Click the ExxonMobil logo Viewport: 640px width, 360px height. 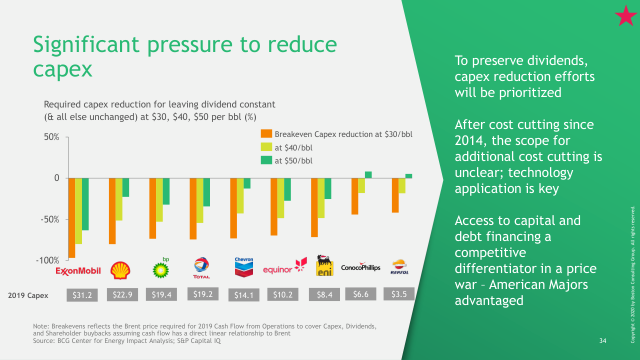click(x=78, y=270)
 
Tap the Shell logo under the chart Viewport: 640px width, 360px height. click(x=120, y=270)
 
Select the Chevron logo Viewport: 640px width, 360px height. click(x=244, y=267)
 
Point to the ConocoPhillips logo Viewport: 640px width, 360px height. click(x=360, y=267)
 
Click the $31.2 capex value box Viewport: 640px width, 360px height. click(x=82, y=295)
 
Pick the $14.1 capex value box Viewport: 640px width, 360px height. click(x=243, y=295)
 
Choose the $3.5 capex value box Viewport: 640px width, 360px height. click(x=398, y=294)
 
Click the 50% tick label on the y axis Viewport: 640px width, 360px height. click(x=50, y=137)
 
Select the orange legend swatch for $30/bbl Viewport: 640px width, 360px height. click(x=266, y=134)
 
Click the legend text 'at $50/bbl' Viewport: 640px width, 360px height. click(x=293, y=160)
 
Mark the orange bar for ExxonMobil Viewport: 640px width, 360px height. click(x=71, y=218)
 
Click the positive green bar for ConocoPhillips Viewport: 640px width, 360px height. click(x=368, y=174)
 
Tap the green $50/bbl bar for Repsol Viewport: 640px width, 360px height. click(x=408, y=175)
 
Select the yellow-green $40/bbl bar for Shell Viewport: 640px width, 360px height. click(x=119, y=199)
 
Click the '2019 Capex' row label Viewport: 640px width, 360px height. click(x=28, y=295)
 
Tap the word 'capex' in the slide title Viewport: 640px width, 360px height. click(x=62, y=69)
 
